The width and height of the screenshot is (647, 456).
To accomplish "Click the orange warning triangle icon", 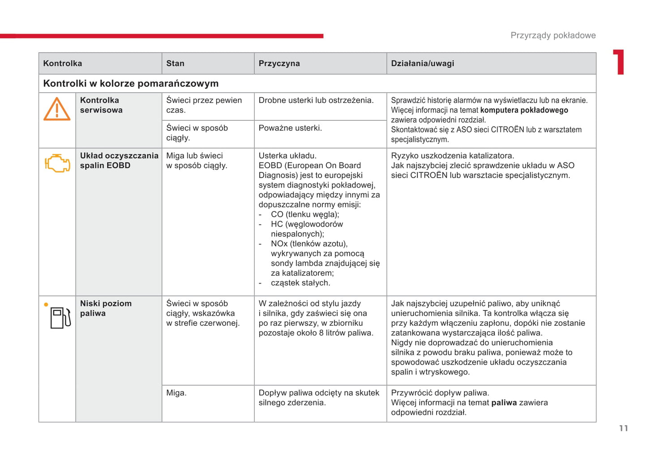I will pos(57,109).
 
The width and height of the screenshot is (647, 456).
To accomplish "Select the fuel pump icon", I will pos(60,318).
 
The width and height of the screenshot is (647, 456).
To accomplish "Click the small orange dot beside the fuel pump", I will pos(46,305).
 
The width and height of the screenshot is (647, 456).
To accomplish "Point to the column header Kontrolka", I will pos(63,64).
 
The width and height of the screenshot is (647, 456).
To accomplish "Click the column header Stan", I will pos(175,64).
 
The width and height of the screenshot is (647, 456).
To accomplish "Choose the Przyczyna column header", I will pos(279,64).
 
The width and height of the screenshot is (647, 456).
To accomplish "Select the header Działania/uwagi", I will pos(422,64).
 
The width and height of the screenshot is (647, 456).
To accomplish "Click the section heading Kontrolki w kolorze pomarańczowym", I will pos(131,84).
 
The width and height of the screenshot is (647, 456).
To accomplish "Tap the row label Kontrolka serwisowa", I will pos(101,105).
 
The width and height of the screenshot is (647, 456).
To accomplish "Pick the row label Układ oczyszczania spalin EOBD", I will pos(119,161).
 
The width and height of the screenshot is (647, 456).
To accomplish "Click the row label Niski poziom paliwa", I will pos(106,308).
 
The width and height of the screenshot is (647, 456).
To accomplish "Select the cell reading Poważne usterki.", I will pos(290,128).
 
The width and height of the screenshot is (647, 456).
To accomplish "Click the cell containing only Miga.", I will pos(176,393).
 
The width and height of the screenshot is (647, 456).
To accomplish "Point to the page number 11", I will pos(623,428).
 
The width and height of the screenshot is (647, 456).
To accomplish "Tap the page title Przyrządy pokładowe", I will pos(553,35).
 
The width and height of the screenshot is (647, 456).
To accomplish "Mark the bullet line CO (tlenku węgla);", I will pos(305,214).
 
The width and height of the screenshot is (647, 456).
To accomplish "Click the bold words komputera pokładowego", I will pos(524,110).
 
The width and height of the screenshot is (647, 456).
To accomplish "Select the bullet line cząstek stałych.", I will pos(300,283).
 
